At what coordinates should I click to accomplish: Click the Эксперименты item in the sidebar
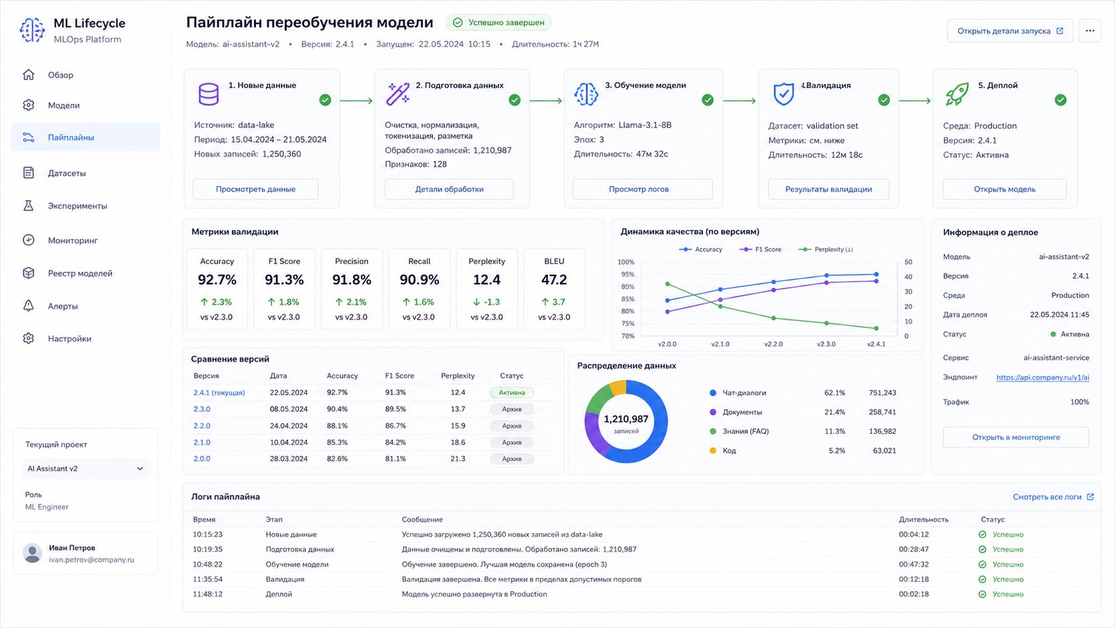[77, 206]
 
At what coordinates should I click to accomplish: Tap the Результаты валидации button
[828, 190]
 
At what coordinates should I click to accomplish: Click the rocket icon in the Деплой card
[957, 93]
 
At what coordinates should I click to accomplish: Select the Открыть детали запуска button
[1010, 31]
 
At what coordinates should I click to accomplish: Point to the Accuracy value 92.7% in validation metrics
[217, 280]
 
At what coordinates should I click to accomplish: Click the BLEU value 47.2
[554, 280]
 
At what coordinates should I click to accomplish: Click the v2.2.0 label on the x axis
[773, 344]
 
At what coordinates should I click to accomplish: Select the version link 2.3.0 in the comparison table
[201, 409]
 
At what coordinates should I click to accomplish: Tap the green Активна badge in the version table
[511, 392]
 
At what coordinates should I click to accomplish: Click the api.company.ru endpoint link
[1042, 378]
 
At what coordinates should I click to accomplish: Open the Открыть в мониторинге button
[1016, 437]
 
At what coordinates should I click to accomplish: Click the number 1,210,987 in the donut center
[626, 419]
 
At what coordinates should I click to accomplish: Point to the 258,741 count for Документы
[882, 412]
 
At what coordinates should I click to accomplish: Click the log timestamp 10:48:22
[207, 564]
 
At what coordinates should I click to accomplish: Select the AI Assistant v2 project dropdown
[85, 468]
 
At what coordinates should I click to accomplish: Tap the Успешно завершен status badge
[499, 23]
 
